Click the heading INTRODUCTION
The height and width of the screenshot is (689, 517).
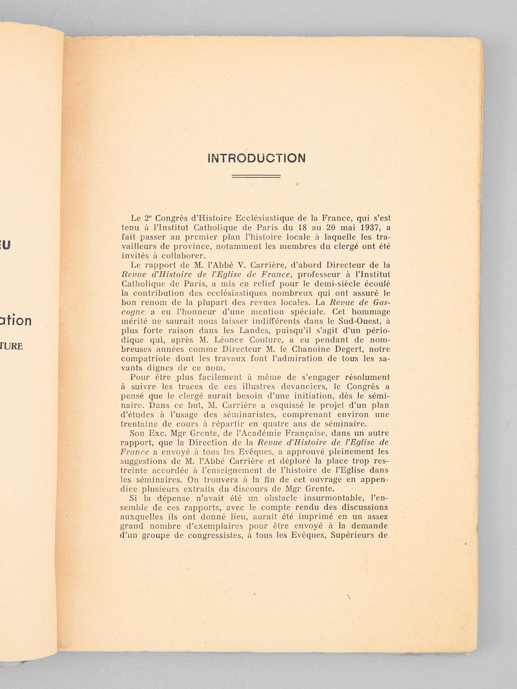[256, 158]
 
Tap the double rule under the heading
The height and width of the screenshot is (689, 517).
[256, 176]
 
